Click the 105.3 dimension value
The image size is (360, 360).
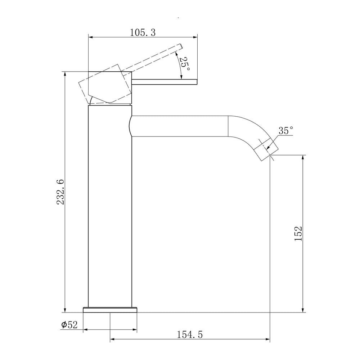pos(143,33)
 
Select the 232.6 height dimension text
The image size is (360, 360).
pos(60,192)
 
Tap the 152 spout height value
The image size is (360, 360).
pos(298,234)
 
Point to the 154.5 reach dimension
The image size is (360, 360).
pos(190,334)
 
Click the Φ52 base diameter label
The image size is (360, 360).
pos(69,325)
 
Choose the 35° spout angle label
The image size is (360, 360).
pos(286,130)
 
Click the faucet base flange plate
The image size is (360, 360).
pos(110,310)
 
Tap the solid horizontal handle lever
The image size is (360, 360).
pos(165,82)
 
